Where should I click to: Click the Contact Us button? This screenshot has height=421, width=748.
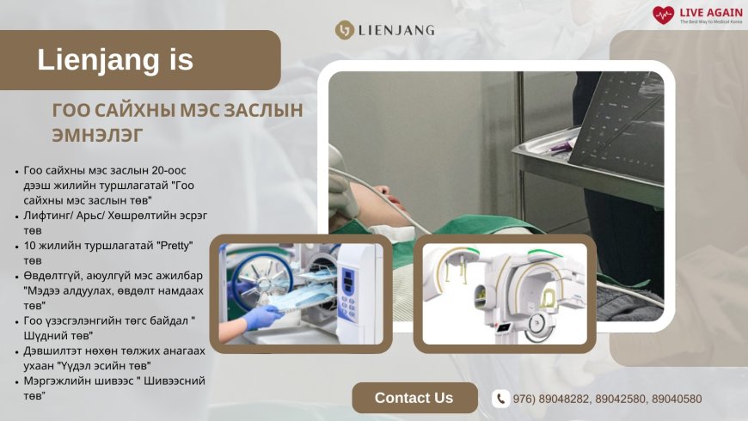coord(414,398)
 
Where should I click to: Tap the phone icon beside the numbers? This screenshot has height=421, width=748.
coord(500,399)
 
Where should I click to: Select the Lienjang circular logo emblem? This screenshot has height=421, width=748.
coord(344,30)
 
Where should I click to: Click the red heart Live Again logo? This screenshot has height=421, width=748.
coord(663,15)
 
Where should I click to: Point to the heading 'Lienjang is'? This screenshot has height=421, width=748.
coord(115,59)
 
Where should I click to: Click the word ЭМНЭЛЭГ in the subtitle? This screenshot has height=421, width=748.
coord(97,135)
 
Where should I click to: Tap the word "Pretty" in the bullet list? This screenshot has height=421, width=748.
coord(175,246)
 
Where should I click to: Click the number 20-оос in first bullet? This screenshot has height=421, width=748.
coord(169,170)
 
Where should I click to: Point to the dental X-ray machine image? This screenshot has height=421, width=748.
coord(505,294)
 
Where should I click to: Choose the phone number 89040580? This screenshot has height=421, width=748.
coord(677,399)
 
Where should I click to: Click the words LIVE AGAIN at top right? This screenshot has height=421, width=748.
coord(711,12)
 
